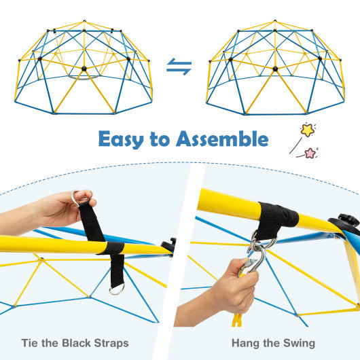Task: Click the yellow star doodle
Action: (308, 129)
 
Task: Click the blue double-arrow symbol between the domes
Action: (179, 67)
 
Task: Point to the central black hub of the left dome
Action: (84, 69)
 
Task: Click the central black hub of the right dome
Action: (276, 69)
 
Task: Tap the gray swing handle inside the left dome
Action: (84, 76)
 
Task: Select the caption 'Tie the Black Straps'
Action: (90, 343)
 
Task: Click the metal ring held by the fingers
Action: (76, 198)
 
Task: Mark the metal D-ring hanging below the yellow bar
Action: (117, 289)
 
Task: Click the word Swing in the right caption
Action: (300, 344)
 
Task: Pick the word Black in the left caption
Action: (92, 343)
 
